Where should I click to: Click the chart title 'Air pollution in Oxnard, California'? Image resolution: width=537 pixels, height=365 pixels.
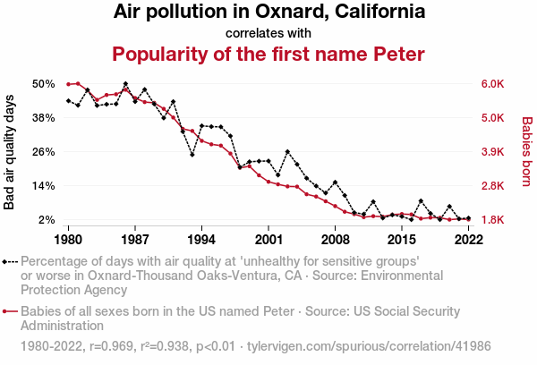(x=268, y=13)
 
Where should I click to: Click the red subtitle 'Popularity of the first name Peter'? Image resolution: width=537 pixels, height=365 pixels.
(x=268, y=54)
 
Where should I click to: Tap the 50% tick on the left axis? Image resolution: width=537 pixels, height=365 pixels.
(x=44, y=84)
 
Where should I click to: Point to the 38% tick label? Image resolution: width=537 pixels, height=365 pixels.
(x=44, y=118)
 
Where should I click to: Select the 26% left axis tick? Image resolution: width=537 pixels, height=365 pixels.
(x=44, y=152)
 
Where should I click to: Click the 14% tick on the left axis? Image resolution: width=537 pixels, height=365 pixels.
(x=44, y=186)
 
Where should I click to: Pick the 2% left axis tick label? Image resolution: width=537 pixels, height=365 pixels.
(x=47, y=220)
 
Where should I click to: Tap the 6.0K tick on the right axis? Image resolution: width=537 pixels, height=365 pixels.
(x=495, y=84)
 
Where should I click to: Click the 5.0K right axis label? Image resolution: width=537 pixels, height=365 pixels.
(x=495, y=118)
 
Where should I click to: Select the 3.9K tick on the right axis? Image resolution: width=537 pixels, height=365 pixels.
(x=495, y=152)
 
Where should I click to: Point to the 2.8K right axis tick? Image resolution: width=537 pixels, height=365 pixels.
(x=495, y=186)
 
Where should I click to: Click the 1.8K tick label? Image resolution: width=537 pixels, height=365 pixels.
(x=495, y=220)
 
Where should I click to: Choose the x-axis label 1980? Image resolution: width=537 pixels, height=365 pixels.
(x=68, y=240)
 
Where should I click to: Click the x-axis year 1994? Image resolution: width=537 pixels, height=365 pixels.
(x=201, y=240)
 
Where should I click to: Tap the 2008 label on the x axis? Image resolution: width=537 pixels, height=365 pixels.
(x=335, y=240)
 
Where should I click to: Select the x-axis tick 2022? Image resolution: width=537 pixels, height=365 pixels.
(x=468, y=240)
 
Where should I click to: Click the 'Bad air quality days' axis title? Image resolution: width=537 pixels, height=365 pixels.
(x=10, y=152)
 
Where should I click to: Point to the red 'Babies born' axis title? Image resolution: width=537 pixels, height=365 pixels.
(x=527, y=152)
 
